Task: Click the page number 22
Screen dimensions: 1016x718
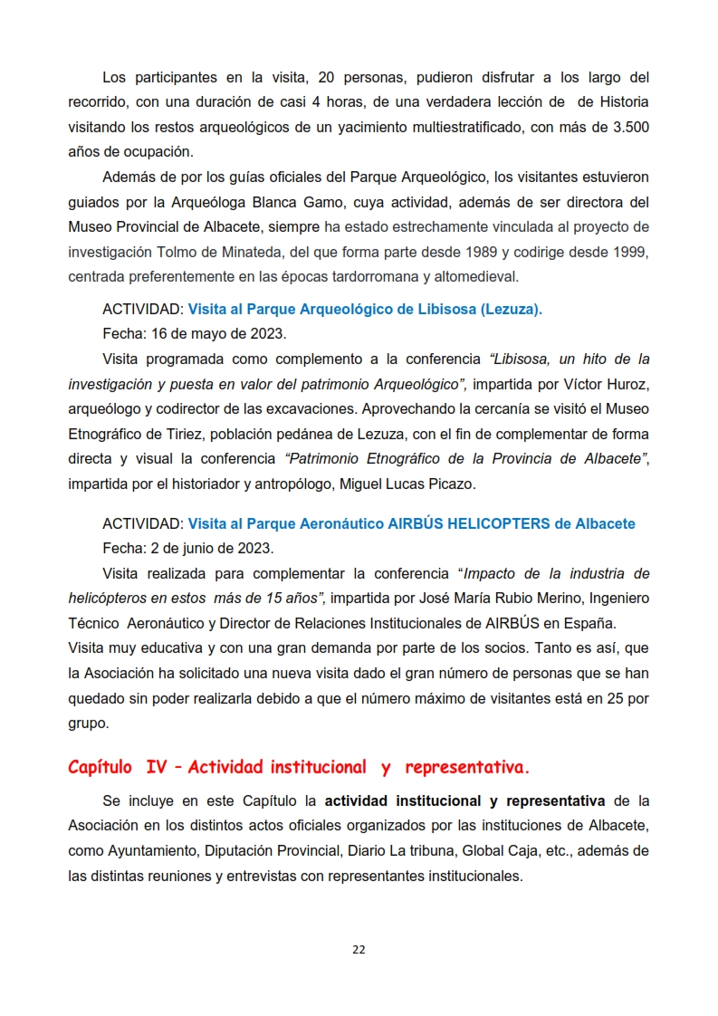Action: click(x=359, y=949)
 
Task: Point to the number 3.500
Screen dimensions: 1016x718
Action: click(x=627, y=127)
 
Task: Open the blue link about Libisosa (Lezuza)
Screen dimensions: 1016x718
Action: click(x=365, y=310)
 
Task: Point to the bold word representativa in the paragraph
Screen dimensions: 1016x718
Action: click(x=555, y=801)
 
